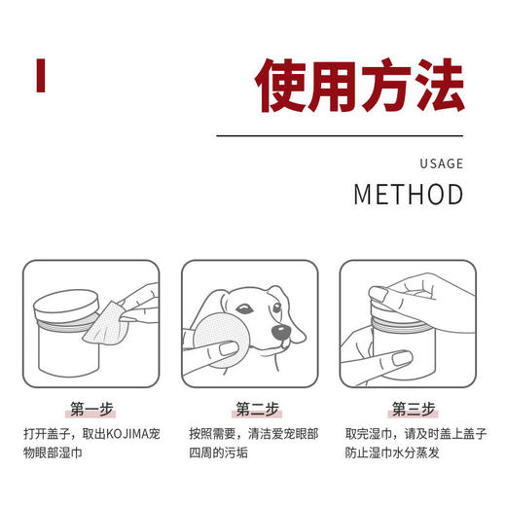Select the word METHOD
pos(408,194)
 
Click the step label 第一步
pos(92,408)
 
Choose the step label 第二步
pos(253,408)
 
